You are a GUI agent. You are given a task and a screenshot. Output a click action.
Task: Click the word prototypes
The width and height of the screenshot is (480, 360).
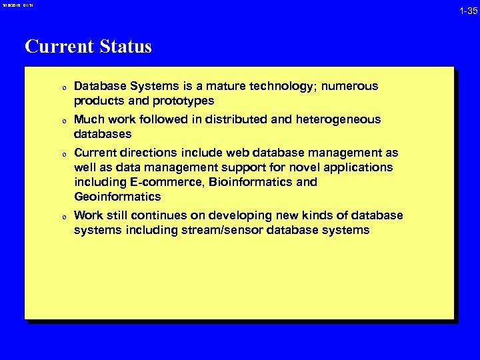coord(183,101)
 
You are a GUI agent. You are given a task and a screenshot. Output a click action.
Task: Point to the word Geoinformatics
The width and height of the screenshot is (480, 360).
coord(117,197)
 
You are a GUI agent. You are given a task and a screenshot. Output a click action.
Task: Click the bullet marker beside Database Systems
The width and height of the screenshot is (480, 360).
coord(62,87)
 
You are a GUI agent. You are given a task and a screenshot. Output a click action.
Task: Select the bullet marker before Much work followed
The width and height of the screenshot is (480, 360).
coord(62,121)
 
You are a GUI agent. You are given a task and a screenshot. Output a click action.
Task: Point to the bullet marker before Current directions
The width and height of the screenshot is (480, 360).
coord(62,154)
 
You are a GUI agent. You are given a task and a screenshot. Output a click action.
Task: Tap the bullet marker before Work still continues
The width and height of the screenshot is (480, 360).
coord(62,217)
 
